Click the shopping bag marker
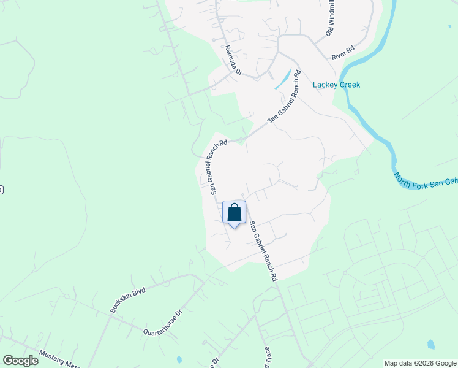(234, 213)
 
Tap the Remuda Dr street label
(234, 60)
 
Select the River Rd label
(343, 52)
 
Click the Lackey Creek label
(336, 85)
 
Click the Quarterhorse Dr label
(163, 324)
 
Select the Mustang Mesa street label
(59, 359)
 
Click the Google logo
(20, 361)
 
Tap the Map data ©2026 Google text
(420, 363)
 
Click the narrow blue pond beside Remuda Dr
(283, 79)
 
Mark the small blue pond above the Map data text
(430, 345)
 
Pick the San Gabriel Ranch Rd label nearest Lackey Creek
(285, 99)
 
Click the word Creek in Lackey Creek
(348, 85)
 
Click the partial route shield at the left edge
(1, 190)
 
